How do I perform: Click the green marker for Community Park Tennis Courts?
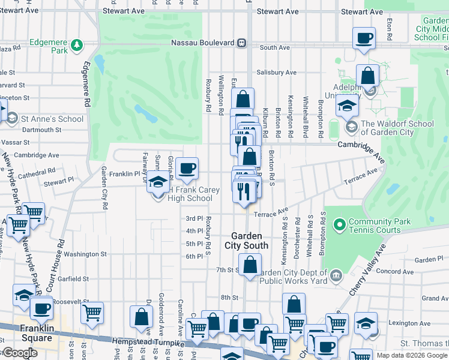pos(339,226)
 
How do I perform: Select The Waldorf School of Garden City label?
pos(397,128)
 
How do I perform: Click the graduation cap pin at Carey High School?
pos(158,182)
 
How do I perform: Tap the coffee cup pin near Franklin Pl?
pos(187,169)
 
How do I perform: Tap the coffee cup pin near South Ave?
pos(364,38)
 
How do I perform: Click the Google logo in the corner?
pos(20,353)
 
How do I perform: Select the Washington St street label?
pos(85,254)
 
